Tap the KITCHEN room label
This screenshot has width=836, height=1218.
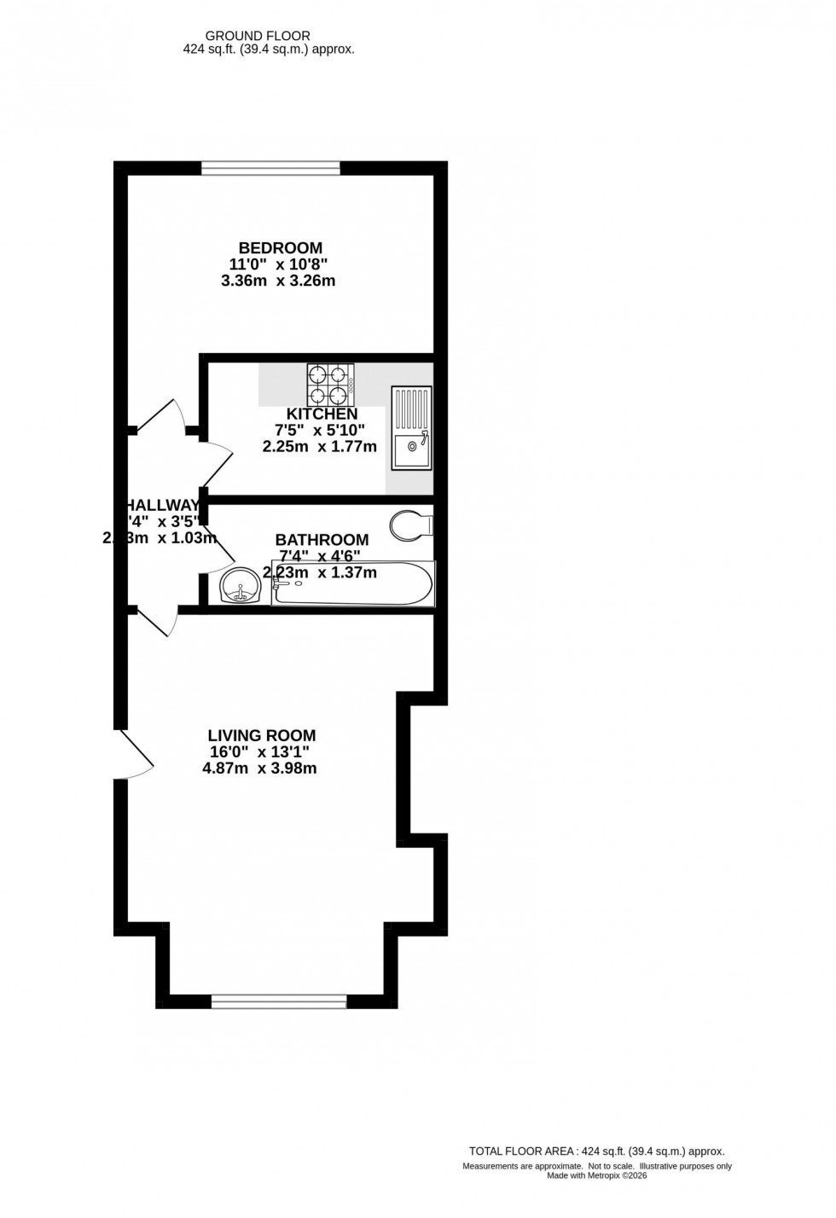322,414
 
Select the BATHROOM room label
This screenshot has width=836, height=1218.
322,540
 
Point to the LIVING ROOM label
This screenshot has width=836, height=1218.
262,735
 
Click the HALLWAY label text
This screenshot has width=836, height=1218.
163,505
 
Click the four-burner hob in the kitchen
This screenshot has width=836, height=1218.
332,386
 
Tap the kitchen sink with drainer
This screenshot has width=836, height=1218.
412,428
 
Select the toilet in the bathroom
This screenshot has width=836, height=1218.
411,525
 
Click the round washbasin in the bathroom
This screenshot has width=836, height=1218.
242,586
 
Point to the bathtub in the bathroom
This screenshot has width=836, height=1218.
352,584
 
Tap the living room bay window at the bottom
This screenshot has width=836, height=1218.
279,1001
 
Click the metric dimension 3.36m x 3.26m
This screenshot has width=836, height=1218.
278,281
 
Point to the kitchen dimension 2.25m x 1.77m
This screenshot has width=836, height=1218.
320,446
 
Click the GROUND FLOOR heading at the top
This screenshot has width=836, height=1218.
258,36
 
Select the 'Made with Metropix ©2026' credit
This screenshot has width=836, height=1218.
597,1176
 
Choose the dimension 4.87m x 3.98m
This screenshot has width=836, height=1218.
259,768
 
